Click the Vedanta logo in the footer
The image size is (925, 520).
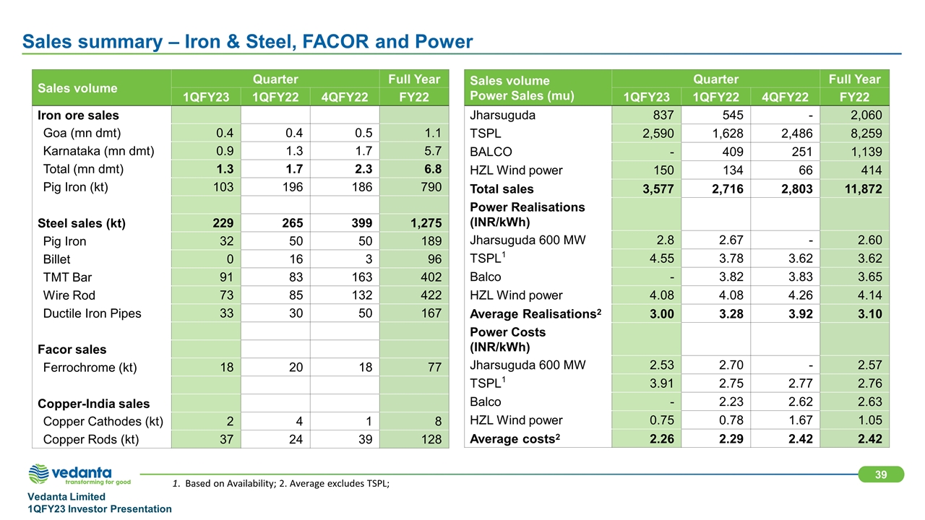(x=79, y=474)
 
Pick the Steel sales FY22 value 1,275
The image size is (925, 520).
(x=423, y=223)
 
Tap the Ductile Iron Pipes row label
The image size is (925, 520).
(x=92, y=313)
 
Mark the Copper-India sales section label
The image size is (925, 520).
(x=83, y=404)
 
